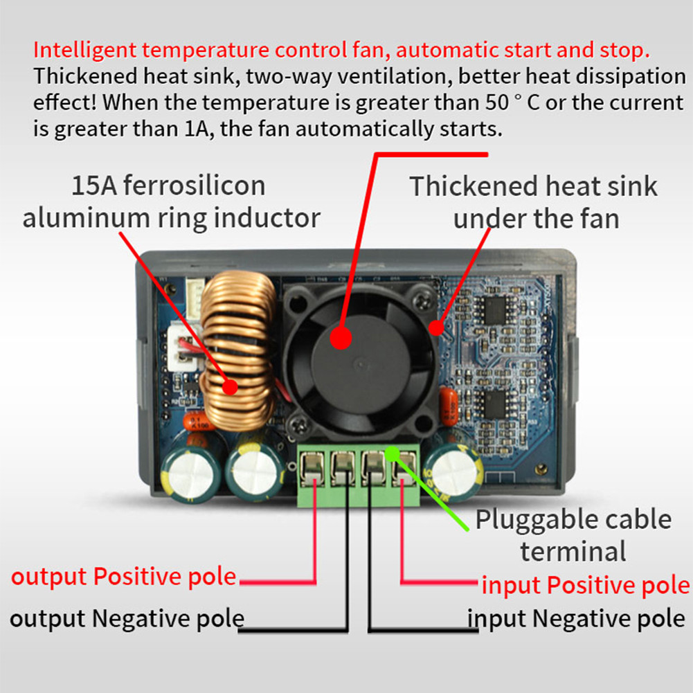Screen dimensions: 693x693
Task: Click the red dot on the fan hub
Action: (340, 337)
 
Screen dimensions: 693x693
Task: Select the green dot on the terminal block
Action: (393, 453)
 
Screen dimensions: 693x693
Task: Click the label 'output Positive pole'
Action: (124, 577)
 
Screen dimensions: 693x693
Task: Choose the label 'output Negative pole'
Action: (127, 618)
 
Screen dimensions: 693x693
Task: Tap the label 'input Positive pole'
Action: (586, 585)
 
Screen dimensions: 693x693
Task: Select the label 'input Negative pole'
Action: (576, 618)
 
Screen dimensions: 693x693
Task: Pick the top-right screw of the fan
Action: (422, 299)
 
